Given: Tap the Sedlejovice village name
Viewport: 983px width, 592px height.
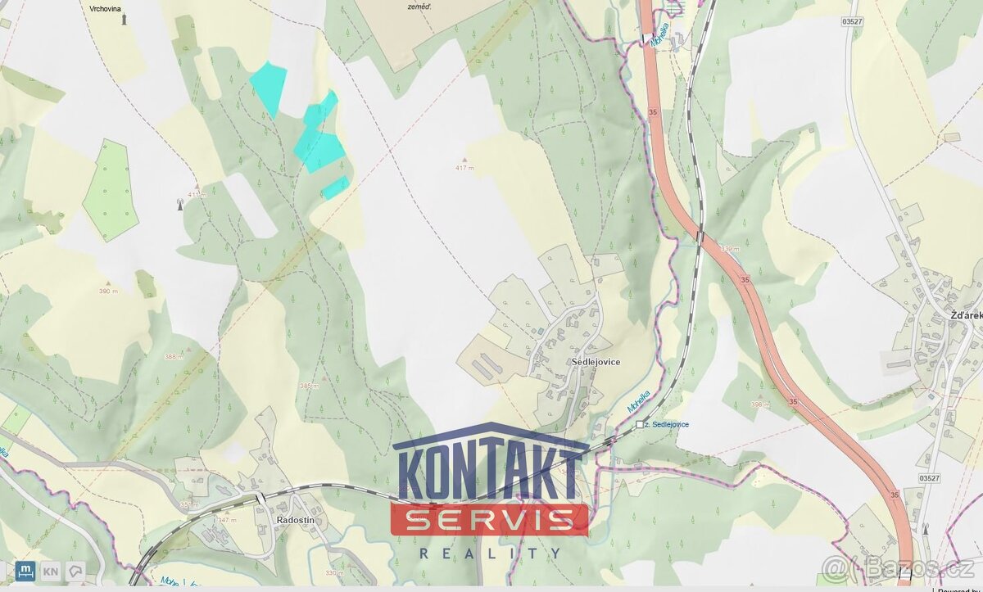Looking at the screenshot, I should [596, 362].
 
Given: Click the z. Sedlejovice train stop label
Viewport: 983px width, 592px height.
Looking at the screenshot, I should [668, 424].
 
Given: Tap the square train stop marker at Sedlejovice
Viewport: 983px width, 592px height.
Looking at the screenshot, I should [640, 424].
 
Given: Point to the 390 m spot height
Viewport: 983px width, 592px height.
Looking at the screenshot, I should [108, 291].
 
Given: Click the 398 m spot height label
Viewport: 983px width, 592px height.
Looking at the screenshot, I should [760, 404].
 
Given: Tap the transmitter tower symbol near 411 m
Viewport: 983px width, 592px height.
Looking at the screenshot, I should [180, 204].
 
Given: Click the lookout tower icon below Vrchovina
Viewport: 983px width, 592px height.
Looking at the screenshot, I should [125, 19].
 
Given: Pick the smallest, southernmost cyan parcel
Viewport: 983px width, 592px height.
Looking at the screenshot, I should [335, 188].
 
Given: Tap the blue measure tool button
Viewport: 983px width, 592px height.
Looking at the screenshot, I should [25, 571].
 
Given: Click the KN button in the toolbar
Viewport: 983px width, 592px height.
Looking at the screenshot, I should [50, 571].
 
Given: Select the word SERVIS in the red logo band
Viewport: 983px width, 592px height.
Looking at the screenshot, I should [489, 519].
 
